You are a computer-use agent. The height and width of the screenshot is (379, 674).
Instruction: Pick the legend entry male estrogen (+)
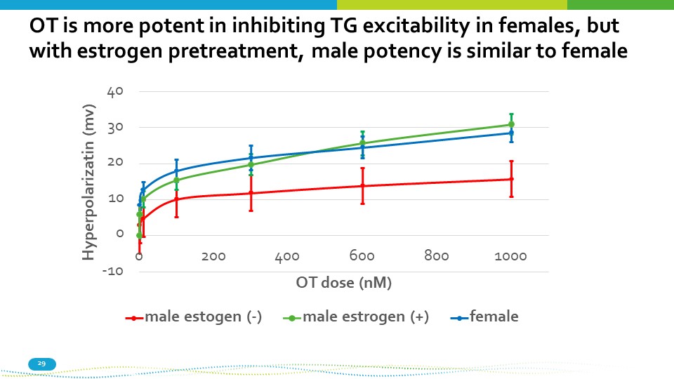pos(365,317)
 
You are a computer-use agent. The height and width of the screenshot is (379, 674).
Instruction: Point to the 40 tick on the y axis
pos(115,91)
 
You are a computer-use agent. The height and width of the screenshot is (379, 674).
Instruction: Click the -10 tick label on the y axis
pos(112,271)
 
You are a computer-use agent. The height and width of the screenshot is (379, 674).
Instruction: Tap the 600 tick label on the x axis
pos(362,257)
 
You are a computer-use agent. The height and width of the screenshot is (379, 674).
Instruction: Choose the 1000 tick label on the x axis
pos(510,257)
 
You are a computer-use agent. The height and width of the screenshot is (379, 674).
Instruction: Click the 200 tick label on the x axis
pos(213,257)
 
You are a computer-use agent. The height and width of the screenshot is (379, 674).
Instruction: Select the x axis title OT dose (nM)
pos(343,283)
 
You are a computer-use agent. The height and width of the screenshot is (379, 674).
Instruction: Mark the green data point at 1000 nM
pos(511,124)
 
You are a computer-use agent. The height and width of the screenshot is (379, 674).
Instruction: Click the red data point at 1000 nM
pos(511,179)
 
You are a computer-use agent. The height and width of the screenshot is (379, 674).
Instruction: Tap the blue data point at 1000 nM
pos(511,133)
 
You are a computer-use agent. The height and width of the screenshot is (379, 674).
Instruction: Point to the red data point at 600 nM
pos(362,186)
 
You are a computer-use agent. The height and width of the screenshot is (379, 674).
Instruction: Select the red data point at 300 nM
pos(251,193)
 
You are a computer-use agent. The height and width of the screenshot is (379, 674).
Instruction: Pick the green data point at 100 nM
pos(176,180)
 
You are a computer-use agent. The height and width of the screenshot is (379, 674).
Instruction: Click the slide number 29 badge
pos(41,364)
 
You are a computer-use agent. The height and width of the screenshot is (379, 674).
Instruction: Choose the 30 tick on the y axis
pos(115,128)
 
